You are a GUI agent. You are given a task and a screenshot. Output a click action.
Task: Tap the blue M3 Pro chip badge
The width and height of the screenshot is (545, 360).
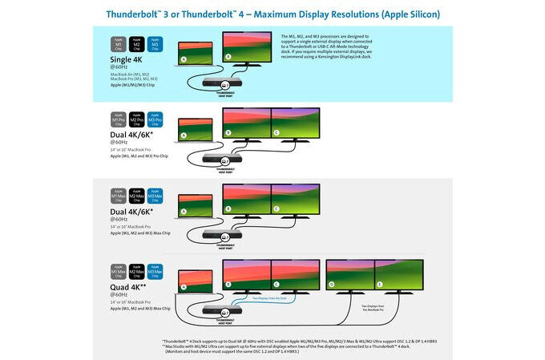(155, 120)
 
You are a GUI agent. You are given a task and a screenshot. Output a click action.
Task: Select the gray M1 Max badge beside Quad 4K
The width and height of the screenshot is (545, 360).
(118, 272)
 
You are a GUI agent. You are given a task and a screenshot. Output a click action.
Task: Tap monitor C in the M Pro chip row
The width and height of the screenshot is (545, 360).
(296, 126)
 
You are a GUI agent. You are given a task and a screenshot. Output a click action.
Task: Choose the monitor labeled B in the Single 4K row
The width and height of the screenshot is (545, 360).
(247, 49)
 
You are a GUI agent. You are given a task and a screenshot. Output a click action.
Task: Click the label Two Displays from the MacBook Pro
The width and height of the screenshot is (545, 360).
(372, 308)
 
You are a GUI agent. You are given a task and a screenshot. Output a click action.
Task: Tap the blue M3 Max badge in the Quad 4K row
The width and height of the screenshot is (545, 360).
(155, 272)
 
